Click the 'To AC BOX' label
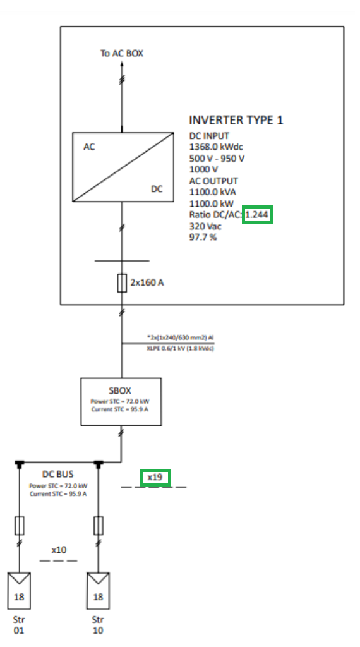pos(122,53)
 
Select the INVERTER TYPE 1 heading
pos(236,120)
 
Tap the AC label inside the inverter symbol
pos(90,147)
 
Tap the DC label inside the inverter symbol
pos(156,188)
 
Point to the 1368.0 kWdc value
pos(216,147)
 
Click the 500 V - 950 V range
pos(217,158)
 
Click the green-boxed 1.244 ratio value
pos(258,215)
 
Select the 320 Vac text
pos(205,226)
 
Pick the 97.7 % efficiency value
pos(203,237)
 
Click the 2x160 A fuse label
pos(147,282)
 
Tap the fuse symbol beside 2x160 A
pos(123,282)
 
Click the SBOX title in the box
pos(120,390)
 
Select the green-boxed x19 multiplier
pos(155,478)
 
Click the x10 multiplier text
pos(59,550)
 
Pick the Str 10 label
pos(98,624)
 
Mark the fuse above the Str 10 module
pos(99,524)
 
